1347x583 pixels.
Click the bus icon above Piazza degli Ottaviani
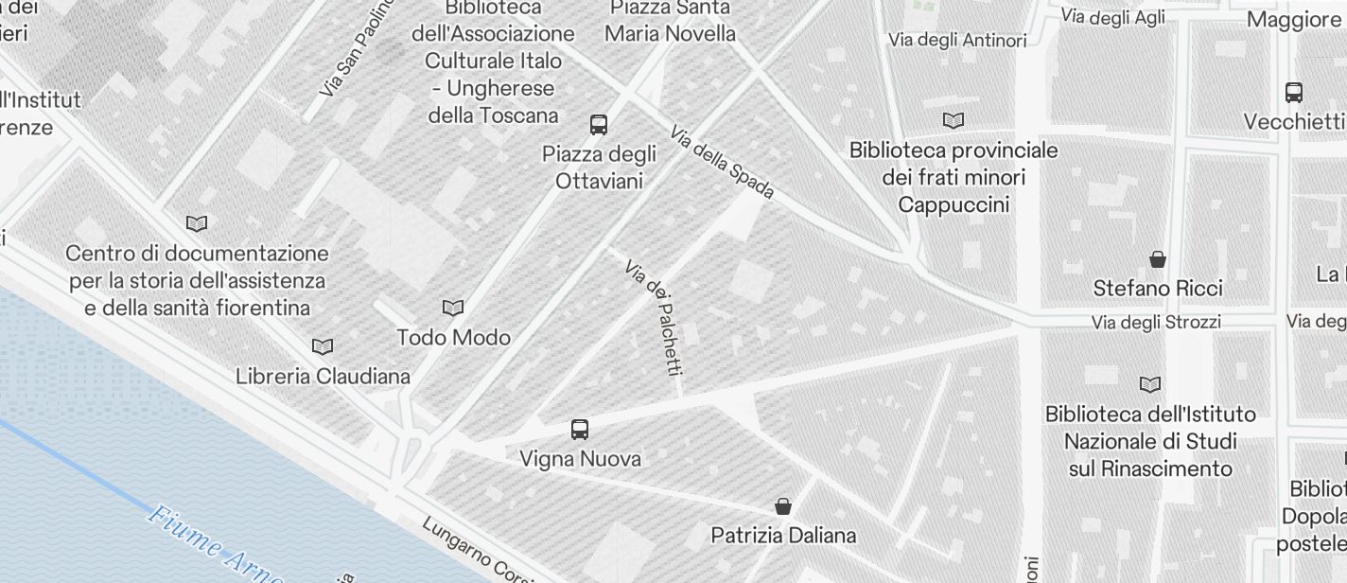[x=599, y=124]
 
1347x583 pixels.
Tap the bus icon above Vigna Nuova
[x=580, y=430]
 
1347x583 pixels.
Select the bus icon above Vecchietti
[x=1294, y=93]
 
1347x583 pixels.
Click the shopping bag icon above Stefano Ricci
[x=1157, y=258]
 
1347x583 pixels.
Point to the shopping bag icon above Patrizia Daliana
[x=782, y=505]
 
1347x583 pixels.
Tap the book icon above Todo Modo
[x=453, y=308]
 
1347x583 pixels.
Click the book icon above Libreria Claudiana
[x=323, y=346]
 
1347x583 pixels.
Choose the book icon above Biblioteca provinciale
[x=953, y=120]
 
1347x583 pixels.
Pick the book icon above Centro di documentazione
[x=197, y=223]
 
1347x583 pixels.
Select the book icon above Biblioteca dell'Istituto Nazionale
[x=1150, y=384]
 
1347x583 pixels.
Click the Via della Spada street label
[x=723, y=162]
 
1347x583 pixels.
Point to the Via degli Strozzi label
[x=1156, y=323]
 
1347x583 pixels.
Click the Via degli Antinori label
[x=957, y=40]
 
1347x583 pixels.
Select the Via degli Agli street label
[x=1113, y=17]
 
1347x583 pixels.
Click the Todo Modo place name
[x=453, y=338]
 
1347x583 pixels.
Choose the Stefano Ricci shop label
[x=1158, y=288]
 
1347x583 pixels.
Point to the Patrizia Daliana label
[x=783, y=536]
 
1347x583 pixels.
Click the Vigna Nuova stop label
[x=580, y=459]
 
